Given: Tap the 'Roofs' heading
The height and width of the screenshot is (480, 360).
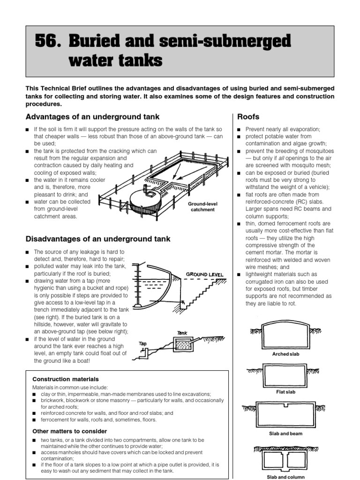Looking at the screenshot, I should pyautogui.click(x=248, y=117).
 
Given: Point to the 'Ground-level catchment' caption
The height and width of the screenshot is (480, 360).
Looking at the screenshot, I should pyautogui.click(x=202, y=207).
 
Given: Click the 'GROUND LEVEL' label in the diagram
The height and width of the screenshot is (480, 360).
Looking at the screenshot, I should pyautogui.click(x=204, y=274).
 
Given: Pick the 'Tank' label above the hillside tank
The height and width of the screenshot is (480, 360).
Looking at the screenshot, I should pyautogui.click(x=182, y=333).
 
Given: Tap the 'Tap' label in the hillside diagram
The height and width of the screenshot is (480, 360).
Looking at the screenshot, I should pyautogui.click(x=142, y=344).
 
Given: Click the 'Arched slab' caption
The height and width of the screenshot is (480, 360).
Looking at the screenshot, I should pyautogui.click(x=285, y=354).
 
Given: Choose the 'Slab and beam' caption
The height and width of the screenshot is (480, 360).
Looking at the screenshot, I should pyautogui.click(x=285, y=434).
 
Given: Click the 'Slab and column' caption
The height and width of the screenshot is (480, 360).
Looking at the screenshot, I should pyautogui.click(x=285, y=477).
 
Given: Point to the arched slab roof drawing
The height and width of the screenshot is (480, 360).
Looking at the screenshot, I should pyautogui.click(x=285, y=335).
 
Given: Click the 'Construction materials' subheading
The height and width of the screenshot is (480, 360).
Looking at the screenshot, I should pyautogui.click(x=65, y=379).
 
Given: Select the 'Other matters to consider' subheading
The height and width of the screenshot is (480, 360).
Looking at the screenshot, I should pyautogui.click(x=69, y=431).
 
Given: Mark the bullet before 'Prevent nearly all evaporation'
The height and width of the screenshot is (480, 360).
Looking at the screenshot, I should pyautogui.click(x=239, y=129).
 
